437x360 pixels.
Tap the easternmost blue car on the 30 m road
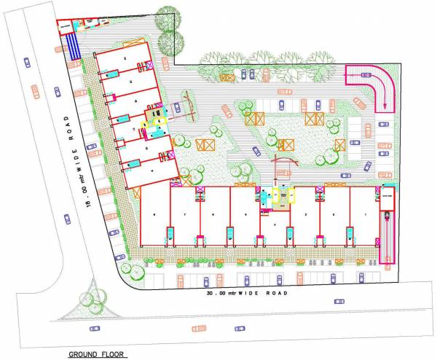point(339,301)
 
